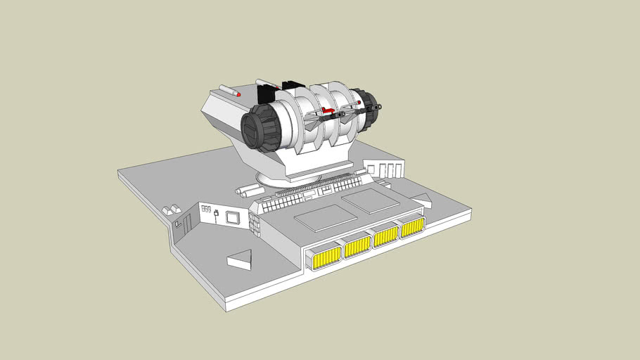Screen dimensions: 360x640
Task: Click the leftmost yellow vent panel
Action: (x=326, y=257)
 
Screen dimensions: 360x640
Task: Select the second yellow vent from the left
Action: (x=357, y=246)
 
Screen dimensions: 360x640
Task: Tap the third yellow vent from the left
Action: (x=386, y=236)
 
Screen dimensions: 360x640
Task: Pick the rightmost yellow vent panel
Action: (x=412, y=226)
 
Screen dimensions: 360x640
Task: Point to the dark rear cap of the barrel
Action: (x=364, y=110)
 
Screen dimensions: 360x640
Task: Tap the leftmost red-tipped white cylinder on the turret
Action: (x=229, y=90)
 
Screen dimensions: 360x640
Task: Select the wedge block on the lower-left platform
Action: (x=240, y=259)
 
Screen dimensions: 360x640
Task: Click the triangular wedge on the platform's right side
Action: (x=421, y=200)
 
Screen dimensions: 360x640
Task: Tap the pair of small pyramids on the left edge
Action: (x=171, y=210)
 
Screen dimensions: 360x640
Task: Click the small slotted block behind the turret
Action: (x=384, y=169)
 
